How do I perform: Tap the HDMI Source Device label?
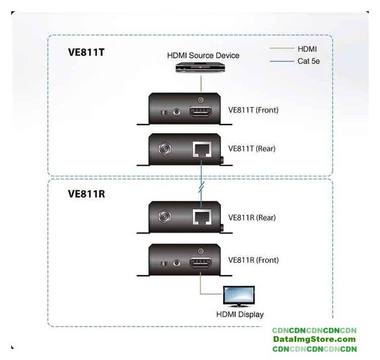tap(203, 55)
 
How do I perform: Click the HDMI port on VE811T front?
tap(201, 111)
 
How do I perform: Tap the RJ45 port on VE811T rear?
tap(201, 150)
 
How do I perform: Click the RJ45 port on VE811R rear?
tap(201, 218)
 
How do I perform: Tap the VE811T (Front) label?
tap(253, 110)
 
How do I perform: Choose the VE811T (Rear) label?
tap(252, 149)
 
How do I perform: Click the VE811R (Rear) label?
tap(252, 217)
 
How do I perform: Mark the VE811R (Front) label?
tap(253, 260)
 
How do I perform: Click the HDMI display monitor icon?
tap(239, 296)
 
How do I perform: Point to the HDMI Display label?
tap(240, 314)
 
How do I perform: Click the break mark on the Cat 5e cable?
tap(201, 185)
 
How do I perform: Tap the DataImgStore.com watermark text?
tap(314, 339)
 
